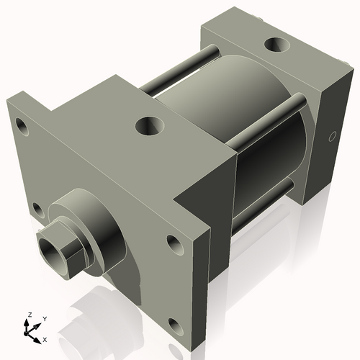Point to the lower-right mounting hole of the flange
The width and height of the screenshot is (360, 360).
[172, 326]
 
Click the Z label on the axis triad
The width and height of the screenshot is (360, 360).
[29, 315]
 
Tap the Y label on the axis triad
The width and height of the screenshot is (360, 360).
[44, 318]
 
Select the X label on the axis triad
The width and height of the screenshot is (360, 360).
[45, 338]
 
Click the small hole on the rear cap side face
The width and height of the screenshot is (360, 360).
[332, 135]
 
